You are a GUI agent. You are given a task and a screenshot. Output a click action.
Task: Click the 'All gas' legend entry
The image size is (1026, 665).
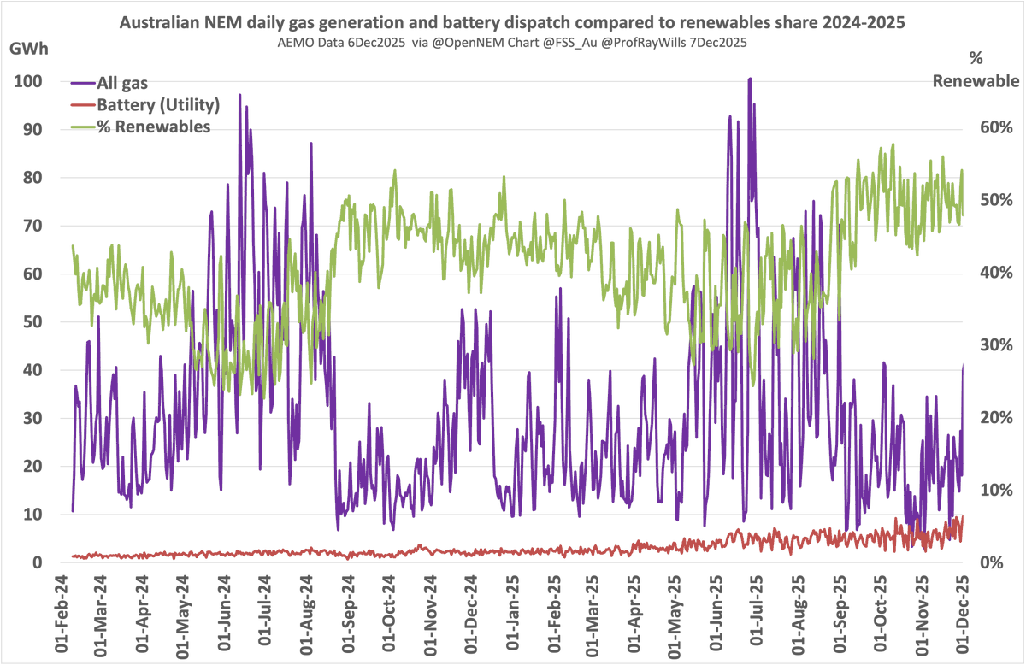[x=121, y=83]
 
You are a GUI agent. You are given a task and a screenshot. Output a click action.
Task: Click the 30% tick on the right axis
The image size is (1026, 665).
[x=995, y=345]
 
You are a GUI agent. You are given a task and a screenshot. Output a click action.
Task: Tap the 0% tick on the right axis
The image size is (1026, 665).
[x=999, y=562]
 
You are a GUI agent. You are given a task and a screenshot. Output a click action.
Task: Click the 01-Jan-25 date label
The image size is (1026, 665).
[x=513, y=613]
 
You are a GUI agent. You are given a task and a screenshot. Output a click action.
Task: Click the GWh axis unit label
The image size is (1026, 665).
[x=29, y=48]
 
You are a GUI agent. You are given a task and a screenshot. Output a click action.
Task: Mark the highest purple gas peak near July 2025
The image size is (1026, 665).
[x=750, y=79]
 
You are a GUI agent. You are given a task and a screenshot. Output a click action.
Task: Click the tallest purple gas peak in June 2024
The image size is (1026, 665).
[x=239, y=95]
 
